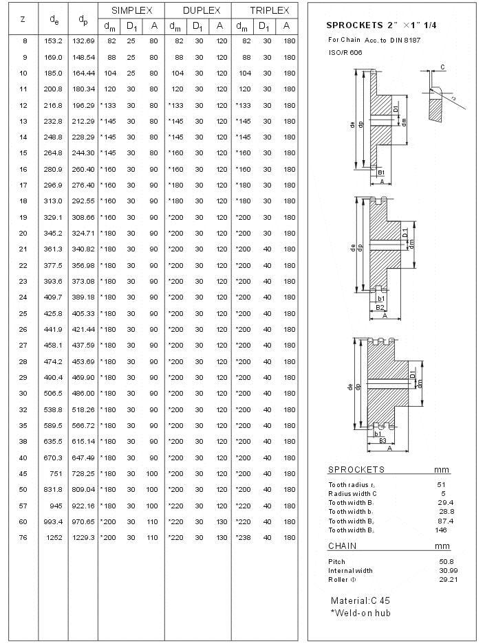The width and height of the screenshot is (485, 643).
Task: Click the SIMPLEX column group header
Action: click(131, 11)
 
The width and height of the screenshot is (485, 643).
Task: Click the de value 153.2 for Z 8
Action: click(54, 41)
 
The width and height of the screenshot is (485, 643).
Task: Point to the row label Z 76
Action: click(24, 537)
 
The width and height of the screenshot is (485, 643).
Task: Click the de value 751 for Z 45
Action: click(55, 473)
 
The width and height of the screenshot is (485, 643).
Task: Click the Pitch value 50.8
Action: click(446, 561)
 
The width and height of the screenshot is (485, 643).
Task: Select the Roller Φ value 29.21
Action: click(448, 579)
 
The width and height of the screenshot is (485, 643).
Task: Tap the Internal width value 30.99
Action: click(448, 570)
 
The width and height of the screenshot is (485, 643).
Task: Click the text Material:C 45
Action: click(360, 600)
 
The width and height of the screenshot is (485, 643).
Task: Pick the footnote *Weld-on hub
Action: click(360, 612)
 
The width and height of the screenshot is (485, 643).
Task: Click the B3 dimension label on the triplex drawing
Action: click(382, 440)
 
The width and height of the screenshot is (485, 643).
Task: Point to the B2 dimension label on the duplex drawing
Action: click(380, 307)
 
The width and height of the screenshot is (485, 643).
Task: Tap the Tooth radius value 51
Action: click(442, 484)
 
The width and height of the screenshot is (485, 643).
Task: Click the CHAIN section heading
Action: click(342, 545)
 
